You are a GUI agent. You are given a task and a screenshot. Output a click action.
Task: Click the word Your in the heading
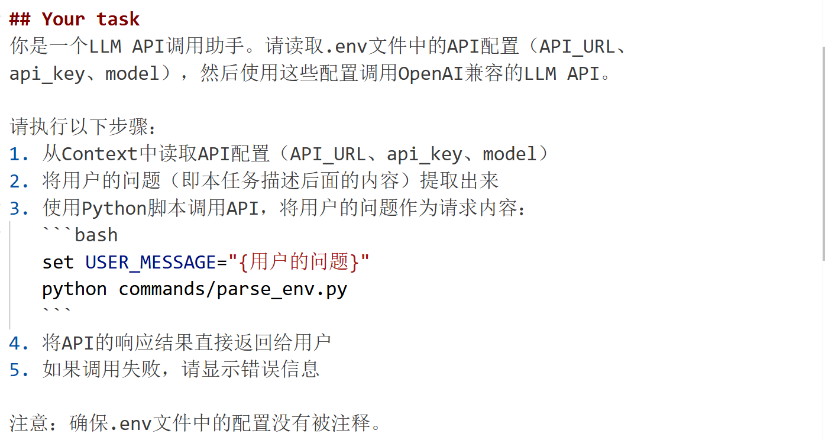click(x=64, y=19)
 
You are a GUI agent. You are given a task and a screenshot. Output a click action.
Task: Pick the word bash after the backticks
click(x=96, y=235)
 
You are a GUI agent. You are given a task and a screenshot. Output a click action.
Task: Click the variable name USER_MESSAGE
click(x=150, y=262)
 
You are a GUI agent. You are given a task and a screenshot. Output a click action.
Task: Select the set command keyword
click(x=58, y=262)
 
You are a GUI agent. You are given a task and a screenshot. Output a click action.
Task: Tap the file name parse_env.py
click(x=282, y=289)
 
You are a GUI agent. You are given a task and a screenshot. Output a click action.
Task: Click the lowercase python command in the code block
click(x=75, y=289)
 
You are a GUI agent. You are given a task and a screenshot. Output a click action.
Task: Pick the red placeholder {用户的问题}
click(x=299, y=262)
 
